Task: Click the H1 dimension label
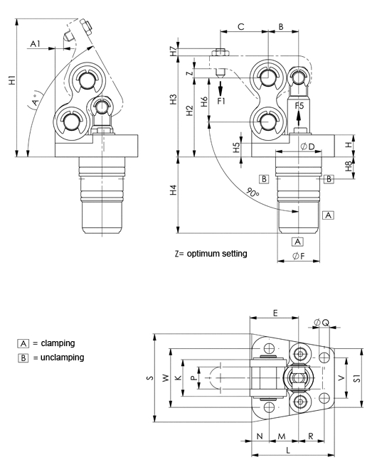12,80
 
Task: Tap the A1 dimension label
35,44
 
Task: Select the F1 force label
221,101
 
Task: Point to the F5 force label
299,105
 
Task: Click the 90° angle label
253,193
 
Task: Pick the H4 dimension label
174,190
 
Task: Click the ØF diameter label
299,256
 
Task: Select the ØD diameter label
308,146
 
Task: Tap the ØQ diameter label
322,323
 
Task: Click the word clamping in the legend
58,343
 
